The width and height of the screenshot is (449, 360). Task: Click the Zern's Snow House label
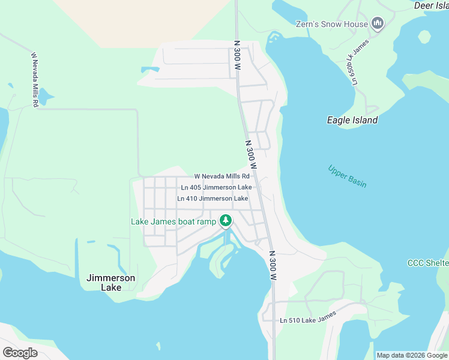(331, 24)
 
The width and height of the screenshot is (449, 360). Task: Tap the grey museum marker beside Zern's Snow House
(378, 24)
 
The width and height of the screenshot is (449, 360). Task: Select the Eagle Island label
(352, 120)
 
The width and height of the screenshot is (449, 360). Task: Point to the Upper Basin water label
(348, 176)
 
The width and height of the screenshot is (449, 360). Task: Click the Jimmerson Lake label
(111, 283)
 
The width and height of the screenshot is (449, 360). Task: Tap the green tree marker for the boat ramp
(226, 221)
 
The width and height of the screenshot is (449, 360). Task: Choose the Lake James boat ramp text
(173, 221)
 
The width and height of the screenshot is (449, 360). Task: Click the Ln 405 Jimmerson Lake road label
(216, 187)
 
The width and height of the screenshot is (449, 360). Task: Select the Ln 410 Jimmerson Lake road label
(212, 198)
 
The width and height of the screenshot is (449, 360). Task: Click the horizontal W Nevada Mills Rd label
(221, 176)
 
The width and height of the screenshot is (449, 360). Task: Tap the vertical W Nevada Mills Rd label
(35, 80)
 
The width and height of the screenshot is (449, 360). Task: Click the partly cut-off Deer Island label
(431, 5)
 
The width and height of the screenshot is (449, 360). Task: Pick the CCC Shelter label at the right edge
(427, 263)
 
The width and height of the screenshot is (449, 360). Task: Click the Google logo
(20, 352)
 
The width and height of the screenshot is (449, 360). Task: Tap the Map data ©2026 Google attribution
(411, 355)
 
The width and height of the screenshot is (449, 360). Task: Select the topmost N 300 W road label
(237, 55)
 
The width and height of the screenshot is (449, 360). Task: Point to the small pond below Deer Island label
(424, 37)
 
